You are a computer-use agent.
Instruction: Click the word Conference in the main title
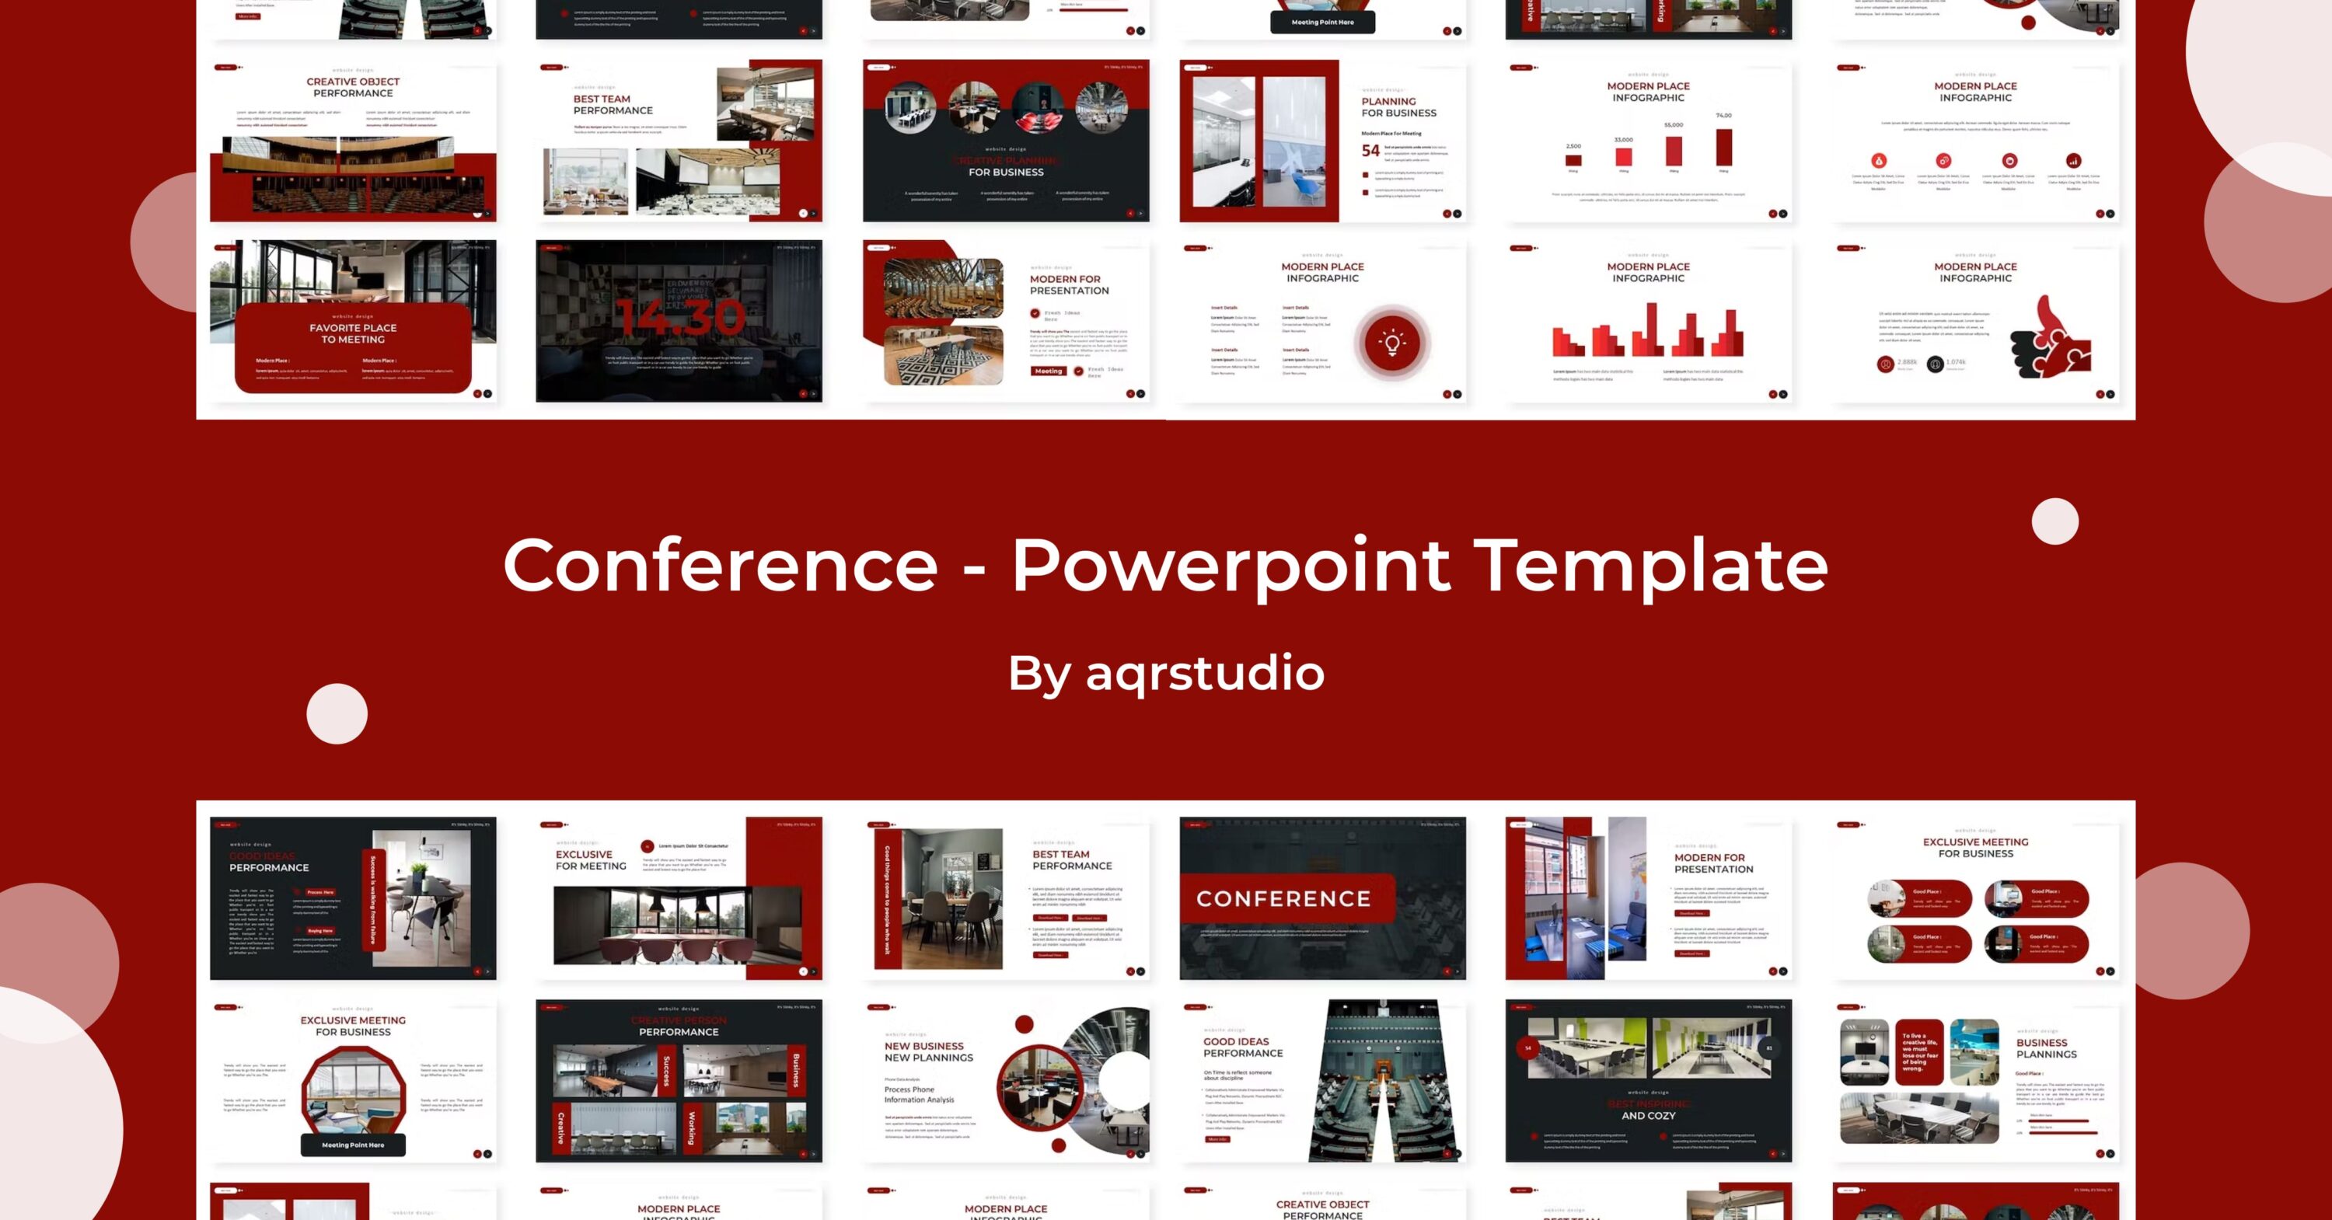(x=720, y=565)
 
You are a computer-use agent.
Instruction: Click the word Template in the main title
(x=1650, y=565)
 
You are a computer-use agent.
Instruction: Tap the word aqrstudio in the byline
(x=1204, y=672)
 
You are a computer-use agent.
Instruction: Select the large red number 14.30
(x=681, y=318)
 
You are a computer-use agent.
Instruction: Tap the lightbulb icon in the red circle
(x=1391, y=342)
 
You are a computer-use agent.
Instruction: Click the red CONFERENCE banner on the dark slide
(x=1283, y=899)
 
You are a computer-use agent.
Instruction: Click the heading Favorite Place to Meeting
(x=353, y=333)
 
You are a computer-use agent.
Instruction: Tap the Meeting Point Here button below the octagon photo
(x=353, y=1145)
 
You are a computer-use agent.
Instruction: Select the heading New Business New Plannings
(x=928, y=1051)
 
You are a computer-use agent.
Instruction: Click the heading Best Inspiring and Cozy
(x=1648, y=1110)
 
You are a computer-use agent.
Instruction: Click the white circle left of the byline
(x=337, y=714)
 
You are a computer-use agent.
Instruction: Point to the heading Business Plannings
(x=2046, y=1048)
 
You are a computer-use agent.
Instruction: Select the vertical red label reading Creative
(x=560, y=1128)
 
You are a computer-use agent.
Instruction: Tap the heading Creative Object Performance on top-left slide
(x=353, y=87)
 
